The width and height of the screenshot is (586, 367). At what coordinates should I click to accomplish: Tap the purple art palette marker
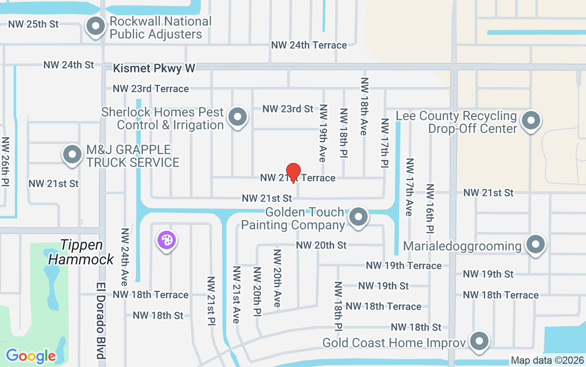167,240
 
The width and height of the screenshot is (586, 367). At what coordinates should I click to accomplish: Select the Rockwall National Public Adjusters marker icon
96,26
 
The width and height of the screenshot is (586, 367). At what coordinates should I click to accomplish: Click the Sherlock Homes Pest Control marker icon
237,117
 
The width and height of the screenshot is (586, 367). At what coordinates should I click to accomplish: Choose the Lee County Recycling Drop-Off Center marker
531,121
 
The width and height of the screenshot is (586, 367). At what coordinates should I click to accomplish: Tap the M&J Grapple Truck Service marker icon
72,155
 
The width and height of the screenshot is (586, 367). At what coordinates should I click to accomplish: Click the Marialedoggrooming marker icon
535,245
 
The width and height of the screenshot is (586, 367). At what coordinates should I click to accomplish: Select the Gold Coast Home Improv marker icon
479,341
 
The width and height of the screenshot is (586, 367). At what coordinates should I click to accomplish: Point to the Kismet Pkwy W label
154,68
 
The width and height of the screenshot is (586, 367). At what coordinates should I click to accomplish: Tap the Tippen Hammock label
81,252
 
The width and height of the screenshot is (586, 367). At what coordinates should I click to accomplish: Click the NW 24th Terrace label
309,45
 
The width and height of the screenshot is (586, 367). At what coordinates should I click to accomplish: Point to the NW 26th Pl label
5,162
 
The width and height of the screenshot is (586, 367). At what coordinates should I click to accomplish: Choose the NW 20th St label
321,245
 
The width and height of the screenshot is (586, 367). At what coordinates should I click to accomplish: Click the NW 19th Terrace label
403,266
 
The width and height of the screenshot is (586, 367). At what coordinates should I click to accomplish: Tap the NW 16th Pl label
430,208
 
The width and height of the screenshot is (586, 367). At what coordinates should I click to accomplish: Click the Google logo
31,356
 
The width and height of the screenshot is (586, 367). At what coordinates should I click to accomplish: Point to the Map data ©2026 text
548,361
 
